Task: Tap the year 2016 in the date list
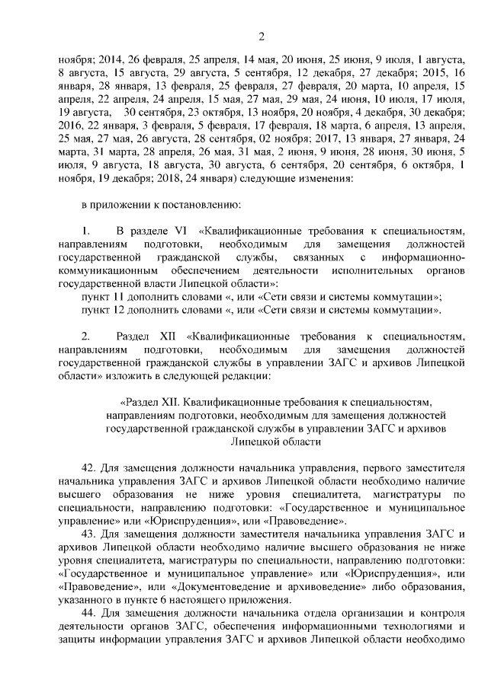click(70, 126)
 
